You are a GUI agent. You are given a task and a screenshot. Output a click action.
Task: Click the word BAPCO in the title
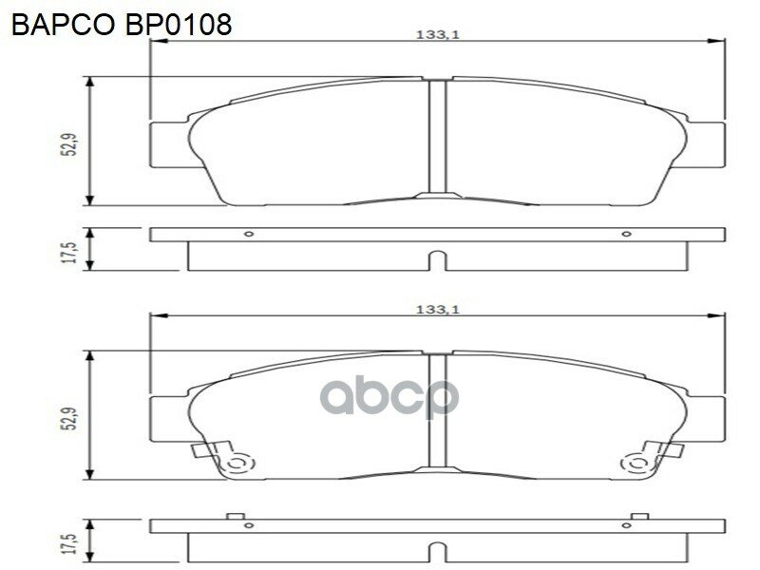[62, 25]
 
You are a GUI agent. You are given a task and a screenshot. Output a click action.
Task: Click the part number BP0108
[178, 25]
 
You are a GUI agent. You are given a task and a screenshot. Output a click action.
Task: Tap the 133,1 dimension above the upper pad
[437, 35]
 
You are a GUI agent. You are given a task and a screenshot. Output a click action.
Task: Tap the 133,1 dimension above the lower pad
[437, 310]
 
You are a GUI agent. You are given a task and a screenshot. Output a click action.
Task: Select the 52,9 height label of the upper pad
[72, 144]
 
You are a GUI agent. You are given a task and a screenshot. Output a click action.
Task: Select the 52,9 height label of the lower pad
[72, 418]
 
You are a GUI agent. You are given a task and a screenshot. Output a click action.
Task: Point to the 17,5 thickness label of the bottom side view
[72, 543]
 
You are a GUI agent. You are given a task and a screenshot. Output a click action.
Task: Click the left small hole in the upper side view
[249, 234]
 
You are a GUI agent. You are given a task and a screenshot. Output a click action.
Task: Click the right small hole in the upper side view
[626, 234]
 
